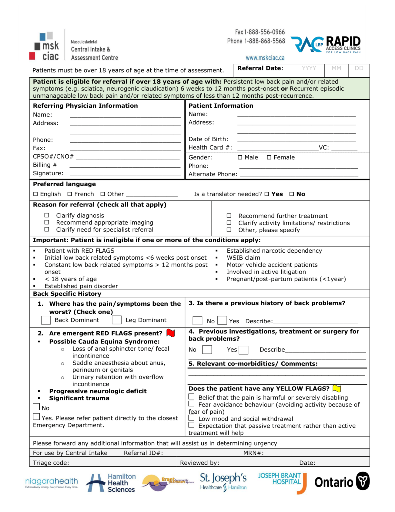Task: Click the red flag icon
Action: [170, 333]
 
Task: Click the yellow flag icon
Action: [337, 388]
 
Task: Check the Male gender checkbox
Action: [240, 158]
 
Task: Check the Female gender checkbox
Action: [269, 158]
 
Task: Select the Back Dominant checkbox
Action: [46, 320]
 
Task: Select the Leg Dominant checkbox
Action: [117, 320]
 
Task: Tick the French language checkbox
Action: [70, 194]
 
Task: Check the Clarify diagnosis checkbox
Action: [47, 216]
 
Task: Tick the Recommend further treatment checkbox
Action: [229, 216]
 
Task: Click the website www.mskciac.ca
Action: [265, 58]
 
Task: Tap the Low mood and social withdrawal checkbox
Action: [191, 418]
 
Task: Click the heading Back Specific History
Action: [67, 294]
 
